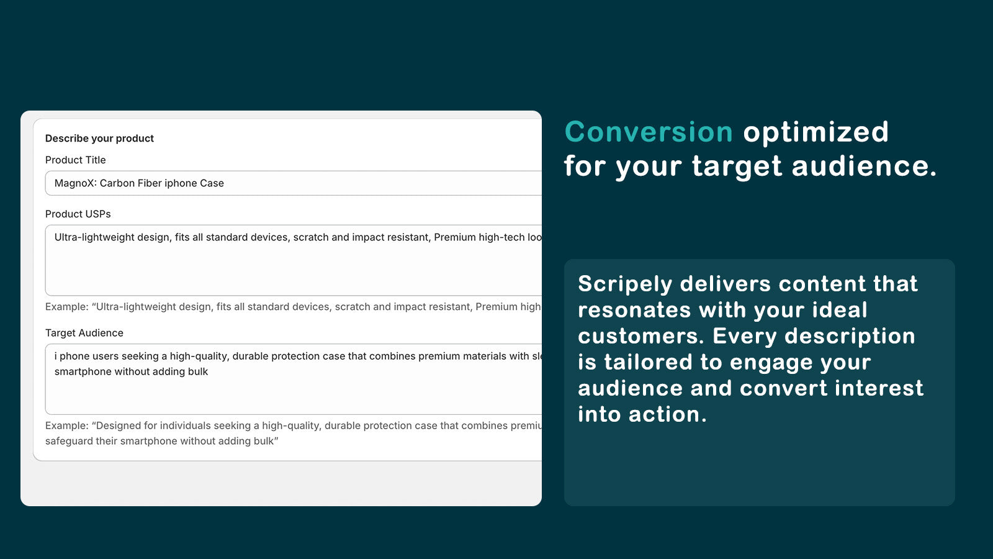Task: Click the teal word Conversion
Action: point(649,132)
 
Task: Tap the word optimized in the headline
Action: point(816,133)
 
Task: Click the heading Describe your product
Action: point(99,139)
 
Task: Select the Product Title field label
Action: point(75,160)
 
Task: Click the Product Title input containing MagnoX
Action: point(294,183)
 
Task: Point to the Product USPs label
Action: point(78,214)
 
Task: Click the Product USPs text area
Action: point(294,260)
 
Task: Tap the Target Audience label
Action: point(84,333)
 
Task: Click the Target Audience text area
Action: point(294,379)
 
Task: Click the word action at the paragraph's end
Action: point(668,414)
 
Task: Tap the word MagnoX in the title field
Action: point(75,183)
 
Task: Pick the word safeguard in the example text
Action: point(69,442)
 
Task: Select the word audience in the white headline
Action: point(865,166)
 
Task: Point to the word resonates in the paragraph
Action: point(634,311)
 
